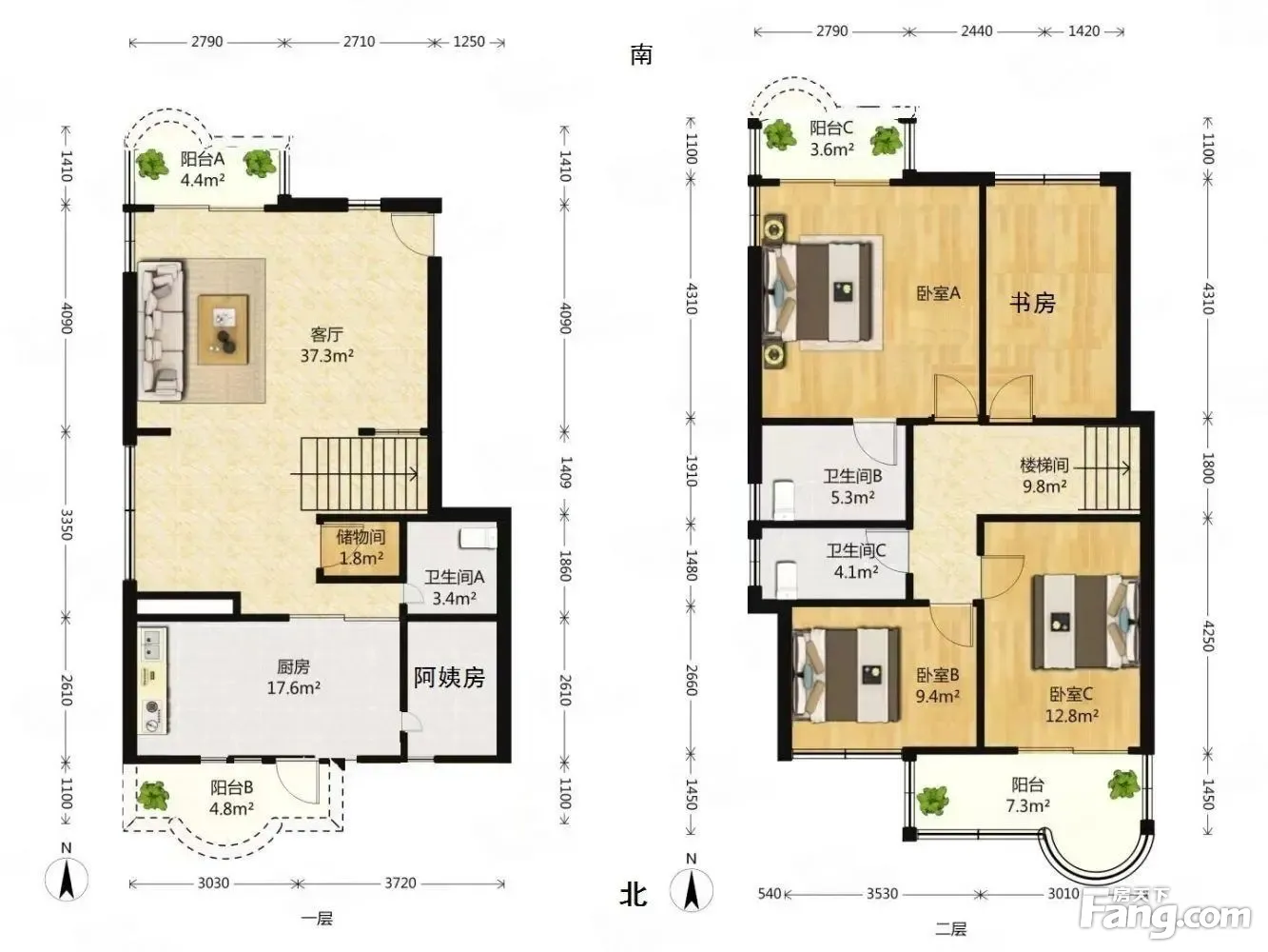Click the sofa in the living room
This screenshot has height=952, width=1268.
pos(161,330)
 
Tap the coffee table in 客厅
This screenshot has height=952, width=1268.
pos(223,330)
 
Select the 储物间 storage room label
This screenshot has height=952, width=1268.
pos(361,537)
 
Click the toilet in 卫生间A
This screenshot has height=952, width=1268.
pos(478,538)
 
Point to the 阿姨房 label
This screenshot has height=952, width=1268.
pos(449,678)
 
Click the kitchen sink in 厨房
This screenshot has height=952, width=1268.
pos(152,645)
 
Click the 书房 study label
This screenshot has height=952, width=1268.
pos(1032,303)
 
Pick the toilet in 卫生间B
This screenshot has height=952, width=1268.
pos(784,498)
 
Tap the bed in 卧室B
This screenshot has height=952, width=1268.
pos(848,675)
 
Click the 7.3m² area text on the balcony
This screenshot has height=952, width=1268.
pos(1027,804)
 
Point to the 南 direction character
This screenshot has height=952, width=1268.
pos(641,55)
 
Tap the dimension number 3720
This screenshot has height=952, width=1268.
pos(400,883)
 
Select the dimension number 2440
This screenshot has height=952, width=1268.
pos(977,31)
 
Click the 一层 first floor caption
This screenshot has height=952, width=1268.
pos(317,919)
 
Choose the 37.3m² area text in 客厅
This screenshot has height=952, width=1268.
pos(327,356)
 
